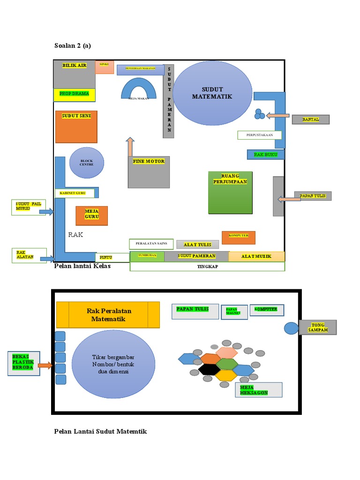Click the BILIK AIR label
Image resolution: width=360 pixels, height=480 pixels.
[75, 66]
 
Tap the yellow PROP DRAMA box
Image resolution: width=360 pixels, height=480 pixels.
[74, 94]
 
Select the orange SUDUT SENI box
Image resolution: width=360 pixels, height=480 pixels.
[76, 126]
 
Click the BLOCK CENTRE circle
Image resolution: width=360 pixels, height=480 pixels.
[87, 163]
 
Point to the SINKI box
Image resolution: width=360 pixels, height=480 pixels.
[105, 67]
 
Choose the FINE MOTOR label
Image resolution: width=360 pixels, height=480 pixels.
[148, 161]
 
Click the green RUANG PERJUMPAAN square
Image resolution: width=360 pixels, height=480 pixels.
[230, 192]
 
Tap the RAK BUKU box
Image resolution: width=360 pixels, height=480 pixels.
[265, 154]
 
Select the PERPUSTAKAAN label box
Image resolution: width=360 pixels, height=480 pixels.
[259, 135]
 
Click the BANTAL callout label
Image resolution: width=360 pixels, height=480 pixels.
[310, 120]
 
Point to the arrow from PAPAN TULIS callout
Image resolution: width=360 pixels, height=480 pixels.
[289, 199]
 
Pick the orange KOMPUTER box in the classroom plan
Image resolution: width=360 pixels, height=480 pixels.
[239, 237]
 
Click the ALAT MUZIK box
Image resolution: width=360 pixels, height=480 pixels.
[256, 256]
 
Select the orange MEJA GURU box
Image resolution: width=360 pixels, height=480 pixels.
[92, 216]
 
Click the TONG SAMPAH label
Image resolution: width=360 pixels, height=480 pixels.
[317, 327]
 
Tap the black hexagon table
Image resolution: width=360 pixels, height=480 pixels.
[209, 369]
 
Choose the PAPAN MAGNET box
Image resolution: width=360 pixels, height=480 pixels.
[234, 312]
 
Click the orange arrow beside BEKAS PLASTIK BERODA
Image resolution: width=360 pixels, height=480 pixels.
[45, 365]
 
